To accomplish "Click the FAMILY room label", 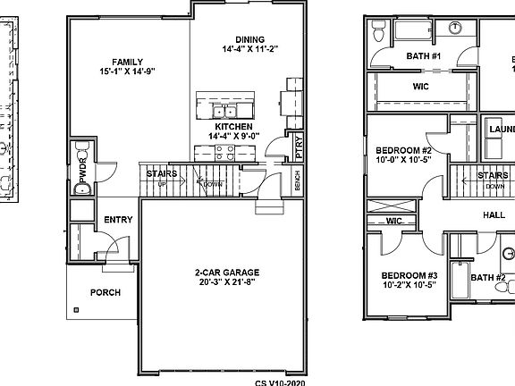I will click(115, 62).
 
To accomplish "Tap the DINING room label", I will click(249, 38).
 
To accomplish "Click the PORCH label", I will click(106, 292).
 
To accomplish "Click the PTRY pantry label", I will click(299, 147).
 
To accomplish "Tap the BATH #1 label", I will click(424, 56).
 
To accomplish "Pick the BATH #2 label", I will click(488, 277).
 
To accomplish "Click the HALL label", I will click(494, 215).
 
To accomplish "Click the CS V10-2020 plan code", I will click(279, 381).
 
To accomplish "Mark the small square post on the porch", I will click(76, 310).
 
